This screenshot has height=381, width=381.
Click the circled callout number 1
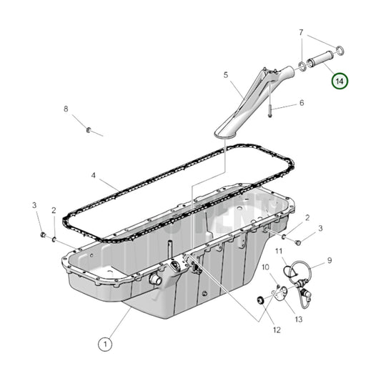(105, 345)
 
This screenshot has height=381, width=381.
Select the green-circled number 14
(340, 81)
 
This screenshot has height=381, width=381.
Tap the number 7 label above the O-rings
(300, 32)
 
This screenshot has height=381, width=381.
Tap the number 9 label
(330, 260)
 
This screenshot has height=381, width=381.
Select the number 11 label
(279, 251)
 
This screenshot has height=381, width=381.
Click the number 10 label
(264, 267)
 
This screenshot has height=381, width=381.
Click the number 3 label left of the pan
(34, 206)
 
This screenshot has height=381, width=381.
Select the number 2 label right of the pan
(307, 217)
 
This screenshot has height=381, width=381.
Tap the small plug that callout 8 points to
(88, 129)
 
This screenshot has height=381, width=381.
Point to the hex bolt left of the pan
(42, 234)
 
